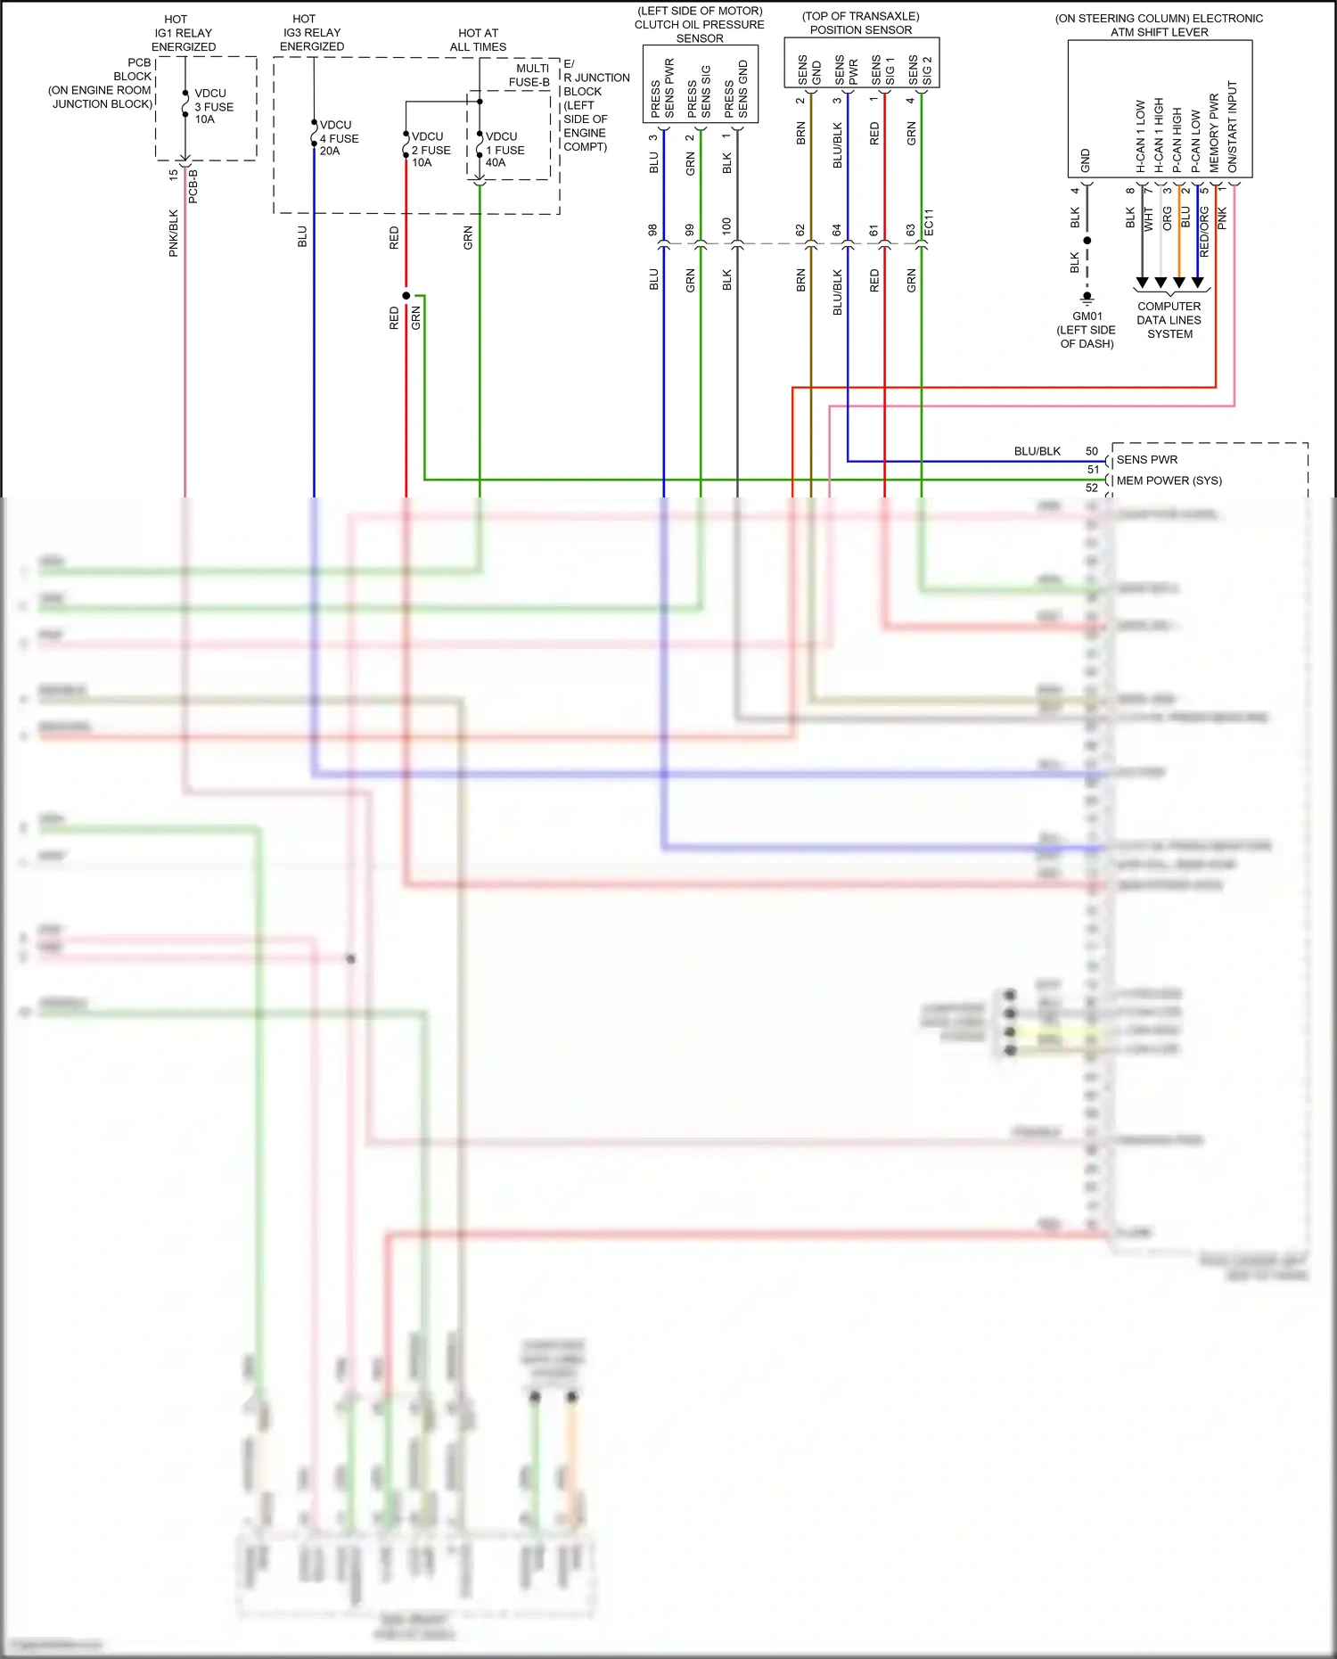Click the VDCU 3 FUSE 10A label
tap(214, 106)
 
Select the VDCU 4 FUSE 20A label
tap(339, 138)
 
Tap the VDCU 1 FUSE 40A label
tap(504, 150)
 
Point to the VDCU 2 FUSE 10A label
tap(431, 150)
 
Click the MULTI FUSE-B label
tap(530, 76)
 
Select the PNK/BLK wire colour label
tap(174, 234)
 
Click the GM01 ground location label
tap(1087, 330)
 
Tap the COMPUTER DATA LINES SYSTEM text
tap(1169, 320)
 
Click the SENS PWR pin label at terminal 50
tap(1146, 460)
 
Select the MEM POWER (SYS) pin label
tap(1169, 480)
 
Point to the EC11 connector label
tap(929, 223)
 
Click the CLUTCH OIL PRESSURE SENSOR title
tap(700, 25)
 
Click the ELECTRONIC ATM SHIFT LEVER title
tap(1159, 25)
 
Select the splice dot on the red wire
tap(406, 295)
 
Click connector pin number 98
tap(652, 230)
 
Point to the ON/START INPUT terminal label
tap(1233, 127)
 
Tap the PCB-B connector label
tap(193, 186)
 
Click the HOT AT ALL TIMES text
tap(478, 40)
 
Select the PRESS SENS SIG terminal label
tap(699, 91)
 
